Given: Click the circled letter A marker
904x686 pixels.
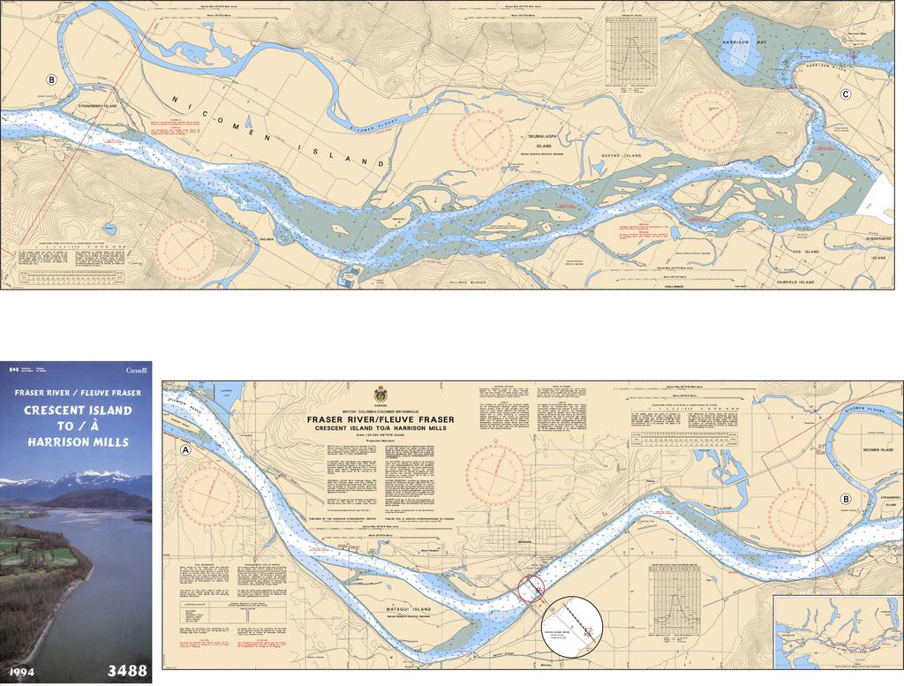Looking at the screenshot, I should coord(185,449).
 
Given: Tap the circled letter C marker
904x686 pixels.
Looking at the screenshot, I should coord(846,95).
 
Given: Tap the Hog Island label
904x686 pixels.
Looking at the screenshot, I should coord(805,252).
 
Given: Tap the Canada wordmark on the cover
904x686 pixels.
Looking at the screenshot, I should coord(137,370).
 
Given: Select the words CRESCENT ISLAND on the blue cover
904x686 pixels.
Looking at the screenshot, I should coord(78,411).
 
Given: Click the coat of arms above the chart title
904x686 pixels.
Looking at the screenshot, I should coord(380,394).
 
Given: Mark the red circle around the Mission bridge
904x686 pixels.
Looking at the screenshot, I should coord(531,588).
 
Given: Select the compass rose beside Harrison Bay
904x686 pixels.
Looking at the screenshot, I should coord(710,120).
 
